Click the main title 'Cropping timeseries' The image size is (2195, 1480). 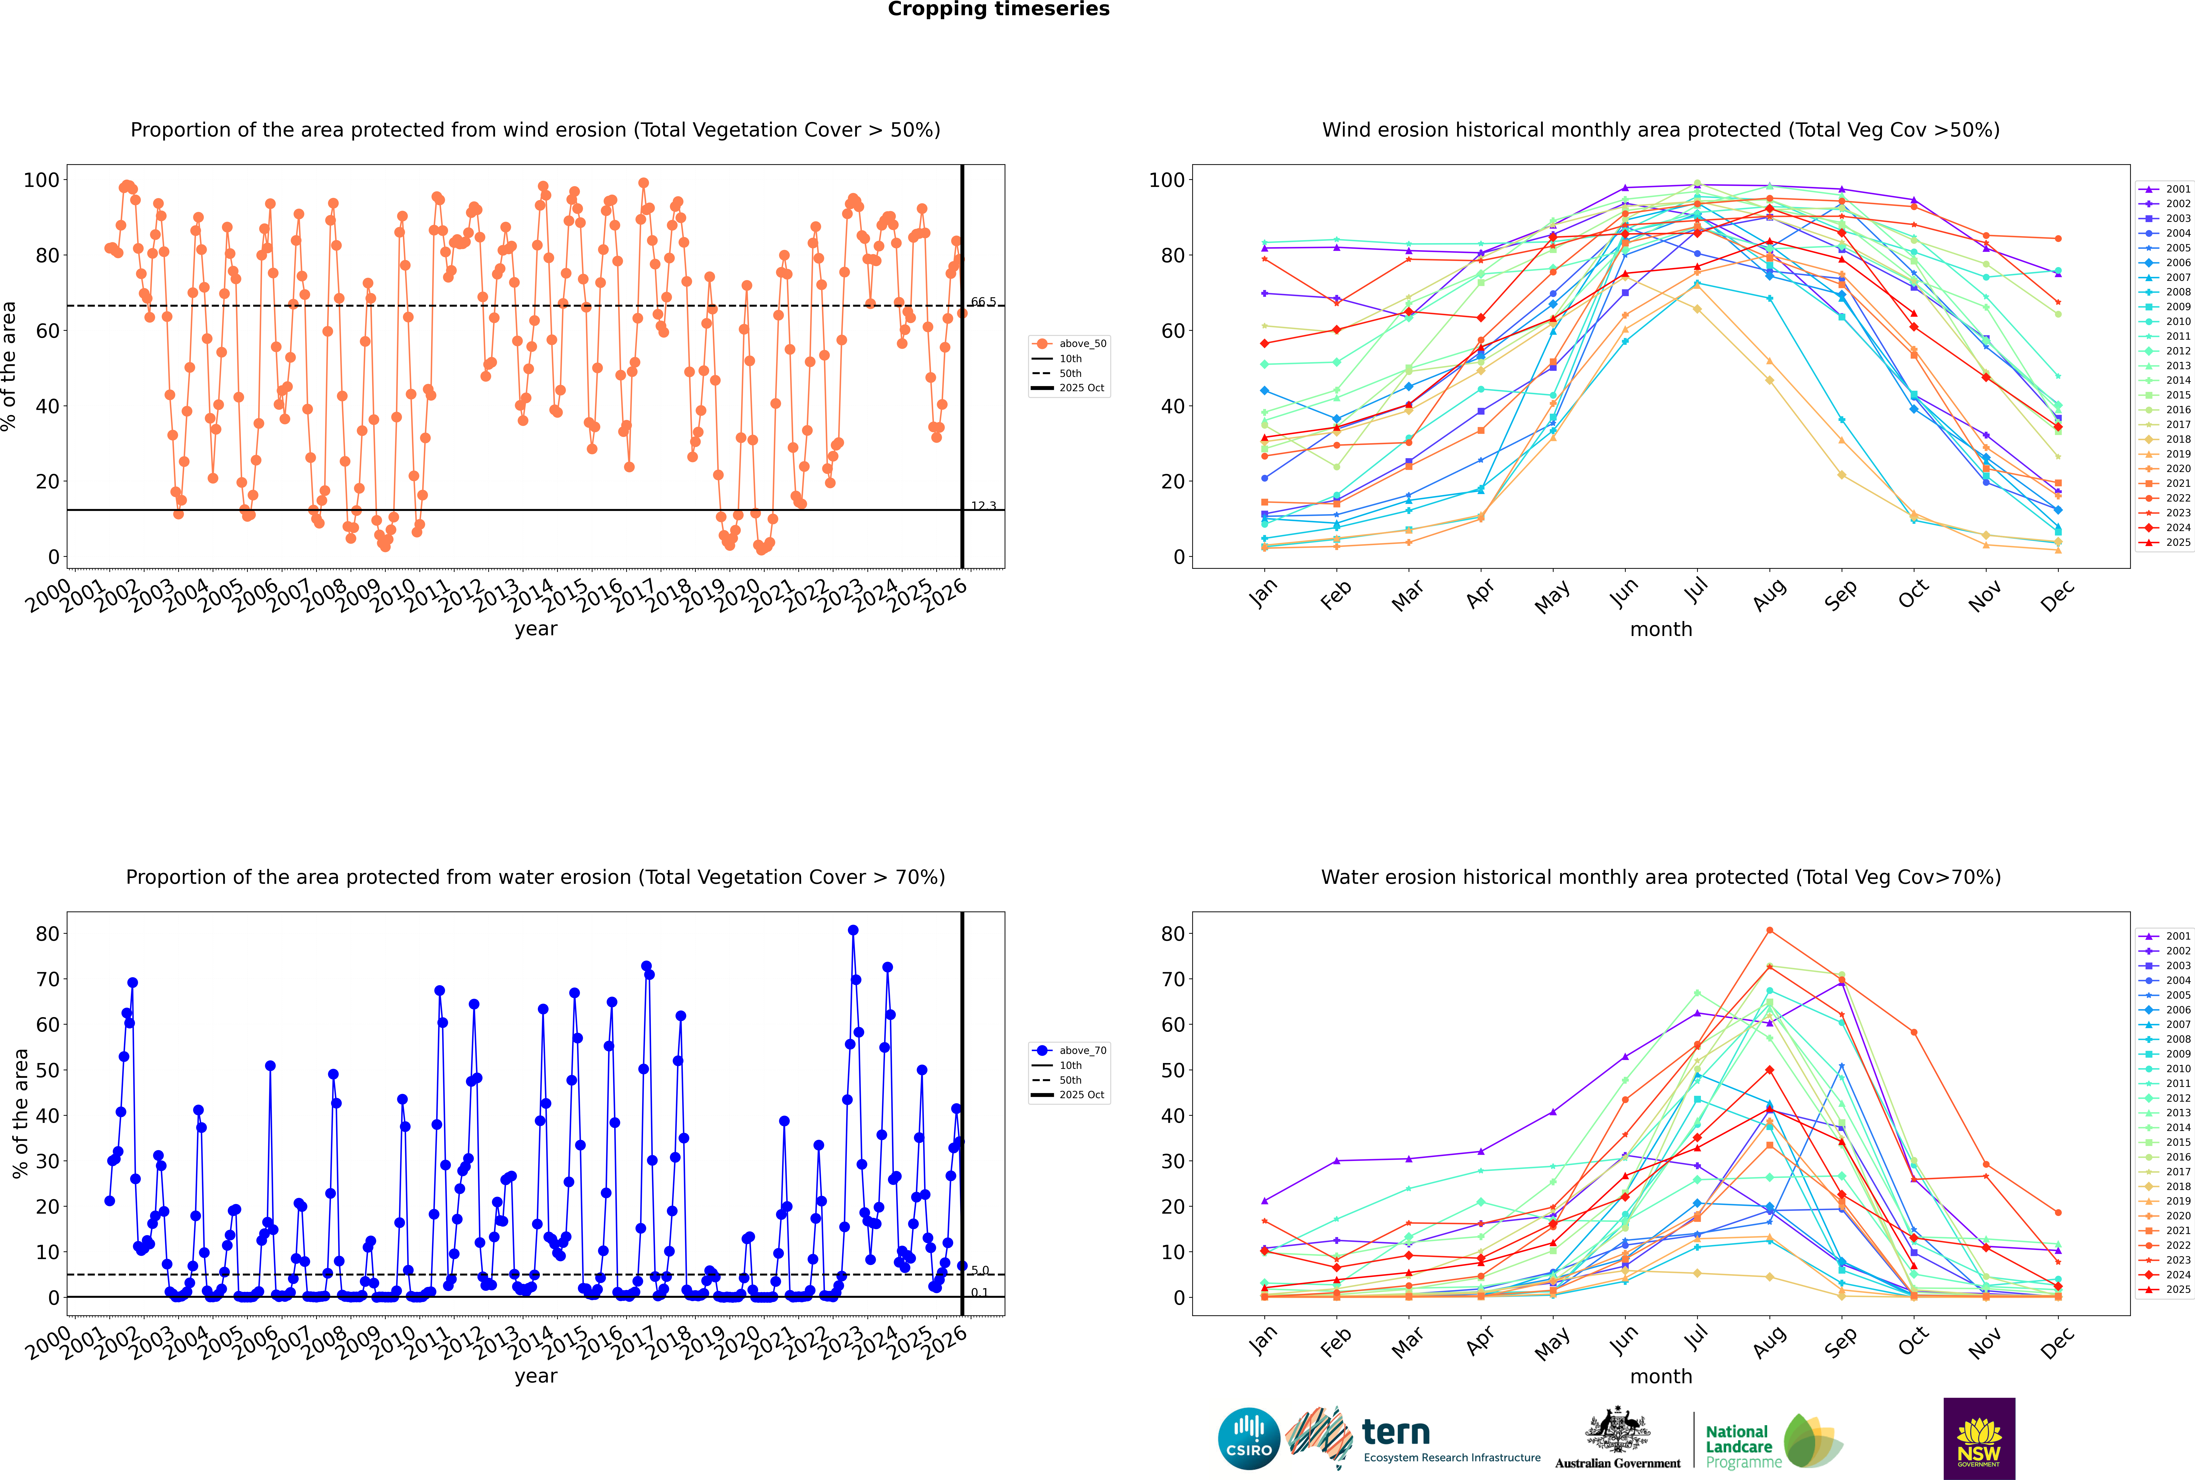point(998,9)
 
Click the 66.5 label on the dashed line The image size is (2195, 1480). point(983,302)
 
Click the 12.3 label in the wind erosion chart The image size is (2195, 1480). point(983,506)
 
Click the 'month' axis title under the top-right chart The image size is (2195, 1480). point(1661,630)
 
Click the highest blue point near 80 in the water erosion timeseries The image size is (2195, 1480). point(853,930)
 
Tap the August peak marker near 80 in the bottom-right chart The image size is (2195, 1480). point(1769,931)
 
